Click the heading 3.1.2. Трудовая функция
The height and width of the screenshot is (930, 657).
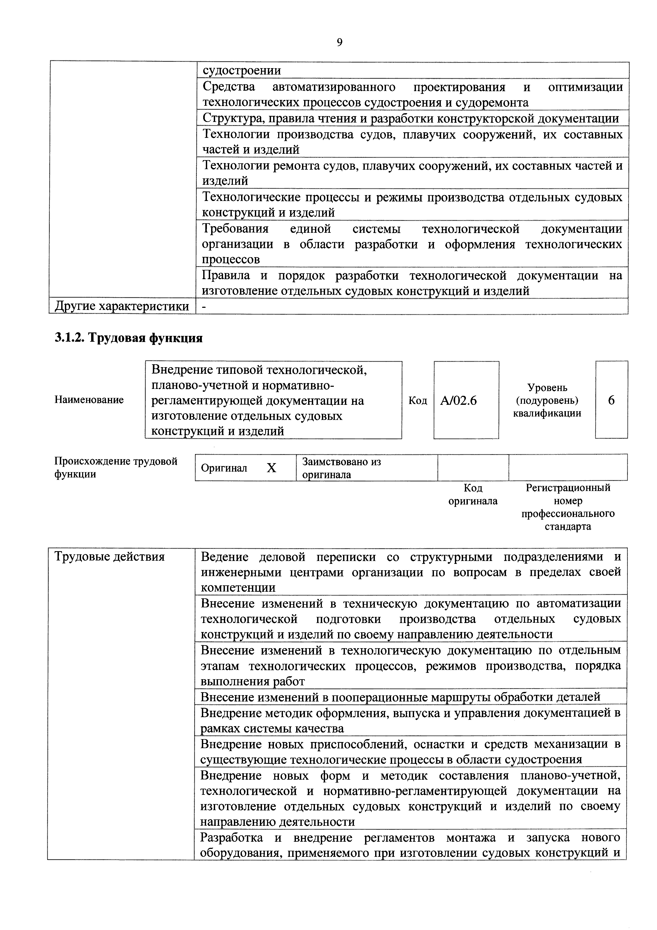[128, 337]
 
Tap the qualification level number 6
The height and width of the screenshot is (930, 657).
[611, 400]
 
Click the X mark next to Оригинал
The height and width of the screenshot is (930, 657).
[271, 468]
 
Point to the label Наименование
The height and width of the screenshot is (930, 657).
[89, 400]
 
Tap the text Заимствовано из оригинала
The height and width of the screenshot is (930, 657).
[341, 468]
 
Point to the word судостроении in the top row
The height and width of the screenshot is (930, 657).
[242, 71]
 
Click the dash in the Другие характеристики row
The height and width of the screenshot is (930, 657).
[204, 307]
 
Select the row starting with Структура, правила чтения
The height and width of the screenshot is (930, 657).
[410, 118]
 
